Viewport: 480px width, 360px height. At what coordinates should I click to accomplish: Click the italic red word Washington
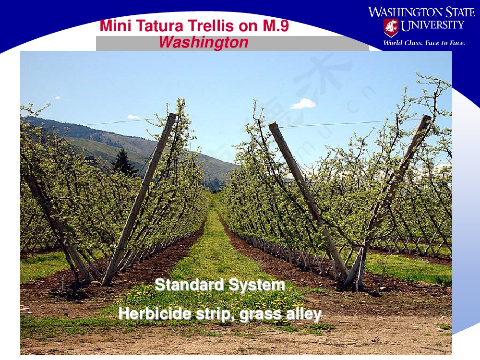[204, 42]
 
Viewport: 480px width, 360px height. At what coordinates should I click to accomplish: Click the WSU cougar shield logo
[391, 27]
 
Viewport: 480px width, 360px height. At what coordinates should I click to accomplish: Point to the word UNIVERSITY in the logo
[432, 25]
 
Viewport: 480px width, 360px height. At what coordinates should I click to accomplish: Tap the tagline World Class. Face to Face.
[424, 43]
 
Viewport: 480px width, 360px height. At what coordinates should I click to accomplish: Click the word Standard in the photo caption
[190, 285]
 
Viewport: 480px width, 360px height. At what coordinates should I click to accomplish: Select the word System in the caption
[257, 285]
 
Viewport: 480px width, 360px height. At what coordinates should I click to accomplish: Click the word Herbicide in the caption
[155, 313]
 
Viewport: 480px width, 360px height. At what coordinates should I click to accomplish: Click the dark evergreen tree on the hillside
[123, 163]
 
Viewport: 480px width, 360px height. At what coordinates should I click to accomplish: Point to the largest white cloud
[303, 104]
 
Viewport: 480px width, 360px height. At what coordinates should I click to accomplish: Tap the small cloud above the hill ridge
[133, 117]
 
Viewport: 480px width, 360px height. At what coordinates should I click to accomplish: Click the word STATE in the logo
[460, 12]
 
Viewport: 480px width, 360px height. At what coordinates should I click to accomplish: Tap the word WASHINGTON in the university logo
[405, 12]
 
